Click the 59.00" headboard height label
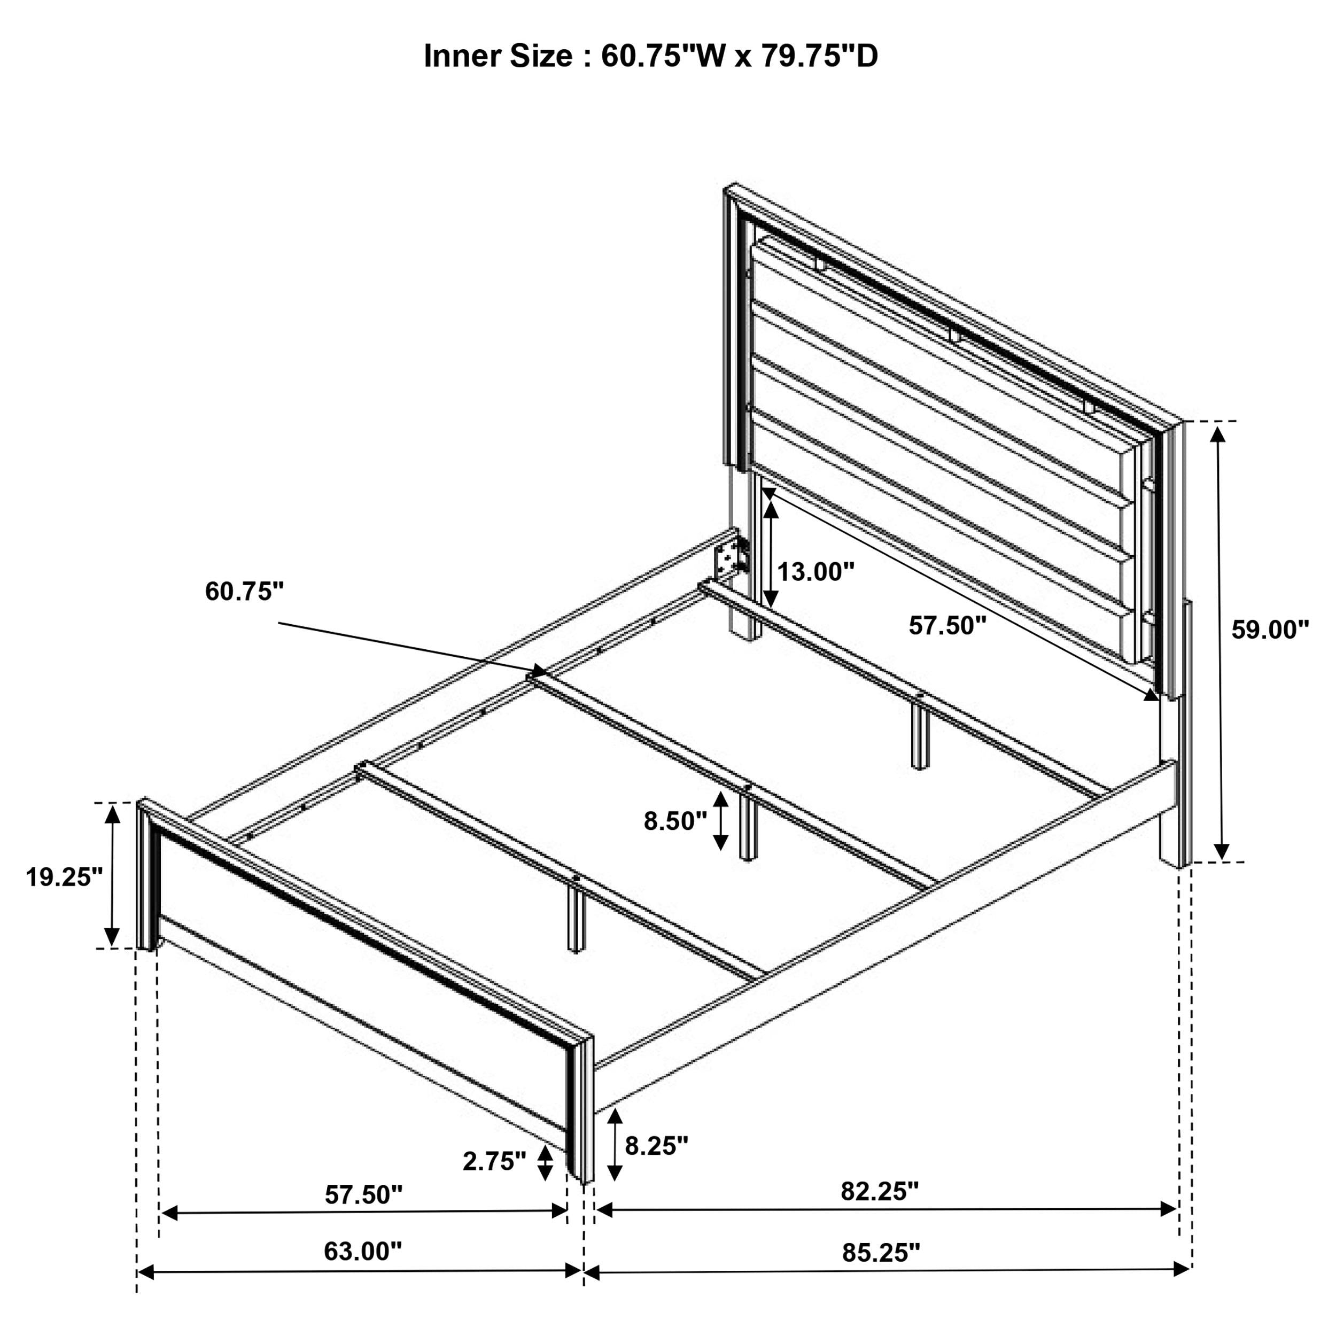coord(1270,630)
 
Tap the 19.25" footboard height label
coord(64,877)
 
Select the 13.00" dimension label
coord(816,572)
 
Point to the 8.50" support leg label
coord(675,821)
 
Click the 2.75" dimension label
coord(494,1161)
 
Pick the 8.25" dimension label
coord(657,1146)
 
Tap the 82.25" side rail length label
coord(880,1191)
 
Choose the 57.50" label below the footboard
coord(364,1194)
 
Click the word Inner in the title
coord(463,56)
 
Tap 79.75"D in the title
coord(819,56)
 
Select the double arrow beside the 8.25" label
coord(615,1145)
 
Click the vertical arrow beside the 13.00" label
coord(771,554)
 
